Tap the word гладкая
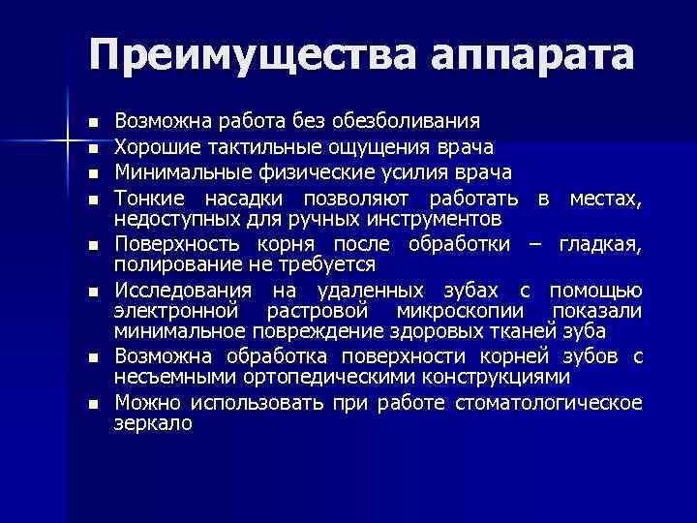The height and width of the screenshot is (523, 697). click(x=600, y=243)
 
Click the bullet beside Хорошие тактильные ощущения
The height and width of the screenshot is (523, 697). click(x=92, y=149)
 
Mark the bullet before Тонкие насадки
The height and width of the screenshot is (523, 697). click(x=92, y=200)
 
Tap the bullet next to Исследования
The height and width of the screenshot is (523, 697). click(x=92, y=292)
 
